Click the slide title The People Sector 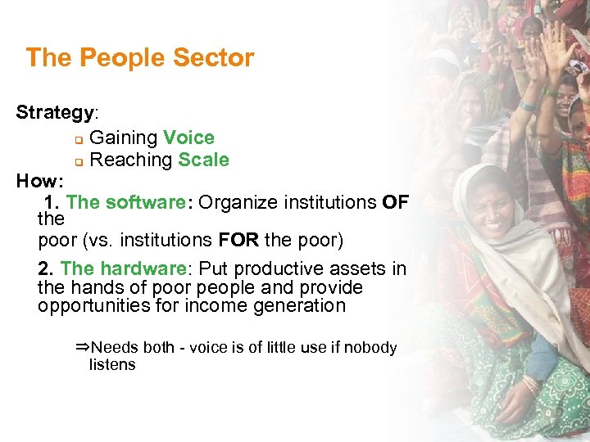pyautogui.click(x=140, y=58)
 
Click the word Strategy pyautogui.click(x=56, y=113)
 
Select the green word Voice pyautogui.click(x=188, y=138)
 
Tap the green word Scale pyautogui.click(x=203, y=160)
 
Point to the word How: pyautogui.click(x=39, y=181)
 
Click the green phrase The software pyautogui.click(x=126, y=202)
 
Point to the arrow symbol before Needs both pyautogui.click(x=81, y=347)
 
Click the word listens pyautogui.click(x=112, y=365)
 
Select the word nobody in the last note pyautogui.click(x=370, y=348)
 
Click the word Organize pyautogui.click(x=237, y=202)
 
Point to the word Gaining pyautogui.click(x=123, y=138)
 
